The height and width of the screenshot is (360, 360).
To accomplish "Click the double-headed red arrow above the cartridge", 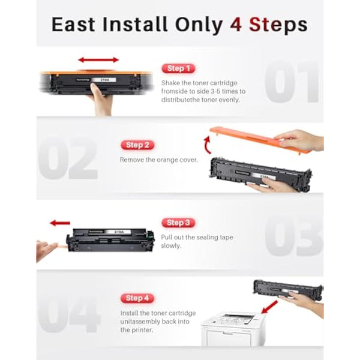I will tap(98, 60).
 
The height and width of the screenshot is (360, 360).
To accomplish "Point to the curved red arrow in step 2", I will tap(208, 144).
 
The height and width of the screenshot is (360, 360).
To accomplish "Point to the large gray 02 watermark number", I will tap(67, 159).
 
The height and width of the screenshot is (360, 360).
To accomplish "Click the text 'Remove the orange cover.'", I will tap(158, 160).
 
